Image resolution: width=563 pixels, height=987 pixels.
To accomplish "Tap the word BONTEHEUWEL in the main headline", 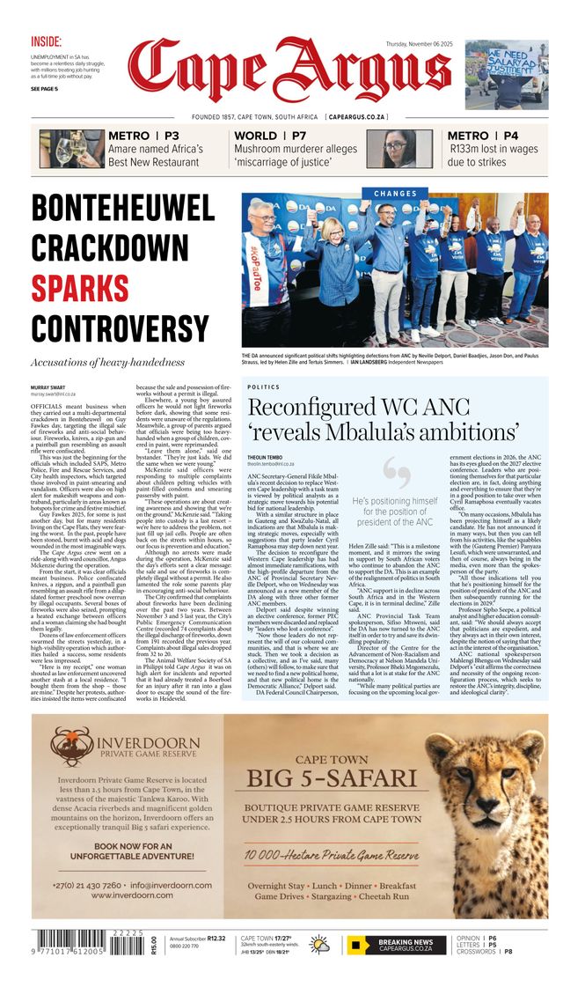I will tap(123, 209).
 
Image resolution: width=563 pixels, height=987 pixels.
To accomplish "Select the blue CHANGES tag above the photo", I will tap(395, 194).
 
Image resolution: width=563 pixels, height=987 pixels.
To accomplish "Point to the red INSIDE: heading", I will tap(47, 41).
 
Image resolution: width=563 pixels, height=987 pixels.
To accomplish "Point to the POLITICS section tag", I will tap(264, 387).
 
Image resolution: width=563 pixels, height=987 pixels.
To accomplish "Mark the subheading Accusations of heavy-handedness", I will tap(107, 362).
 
